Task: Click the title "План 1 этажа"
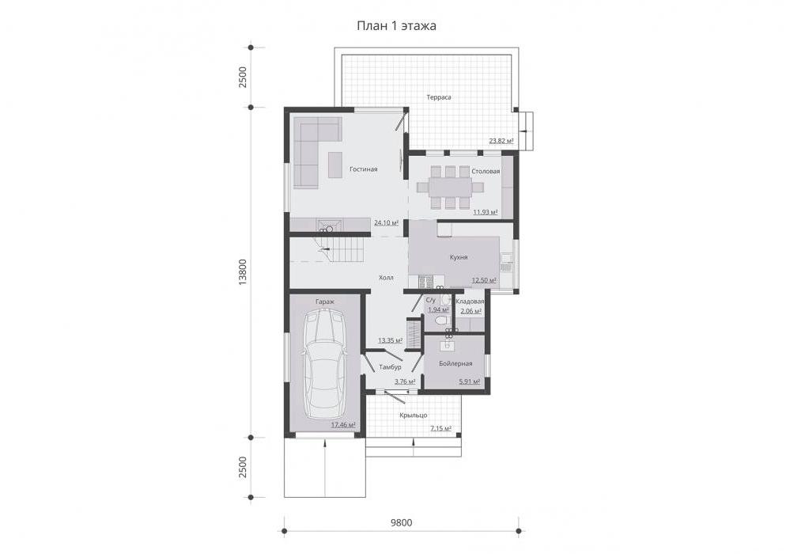click(x=396, y=25)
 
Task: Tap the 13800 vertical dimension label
click(x=243, y=273)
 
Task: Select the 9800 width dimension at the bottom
click(x=401, y=523)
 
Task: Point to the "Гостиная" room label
click(x=363, y=169)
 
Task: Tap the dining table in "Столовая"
click(x=451, y=188)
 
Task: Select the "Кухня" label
click(x=459, y=257)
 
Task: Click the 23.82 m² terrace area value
click(x=501, y=141)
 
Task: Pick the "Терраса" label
click(x=439, y=97)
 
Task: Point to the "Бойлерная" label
click(x=455, y=363)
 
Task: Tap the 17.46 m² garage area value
click(x=343, y=425)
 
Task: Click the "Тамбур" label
click(x=390, y=367)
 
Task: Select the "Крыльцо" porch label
click(x=413, y=415)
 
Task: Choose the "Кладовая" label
click(x=470, y=302)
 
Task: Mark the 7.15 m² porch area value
click(x=440, y=428)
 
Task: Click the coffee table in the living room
click(x=335, y=165)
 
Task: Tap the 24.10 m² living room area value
click(x=386, y=222)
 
